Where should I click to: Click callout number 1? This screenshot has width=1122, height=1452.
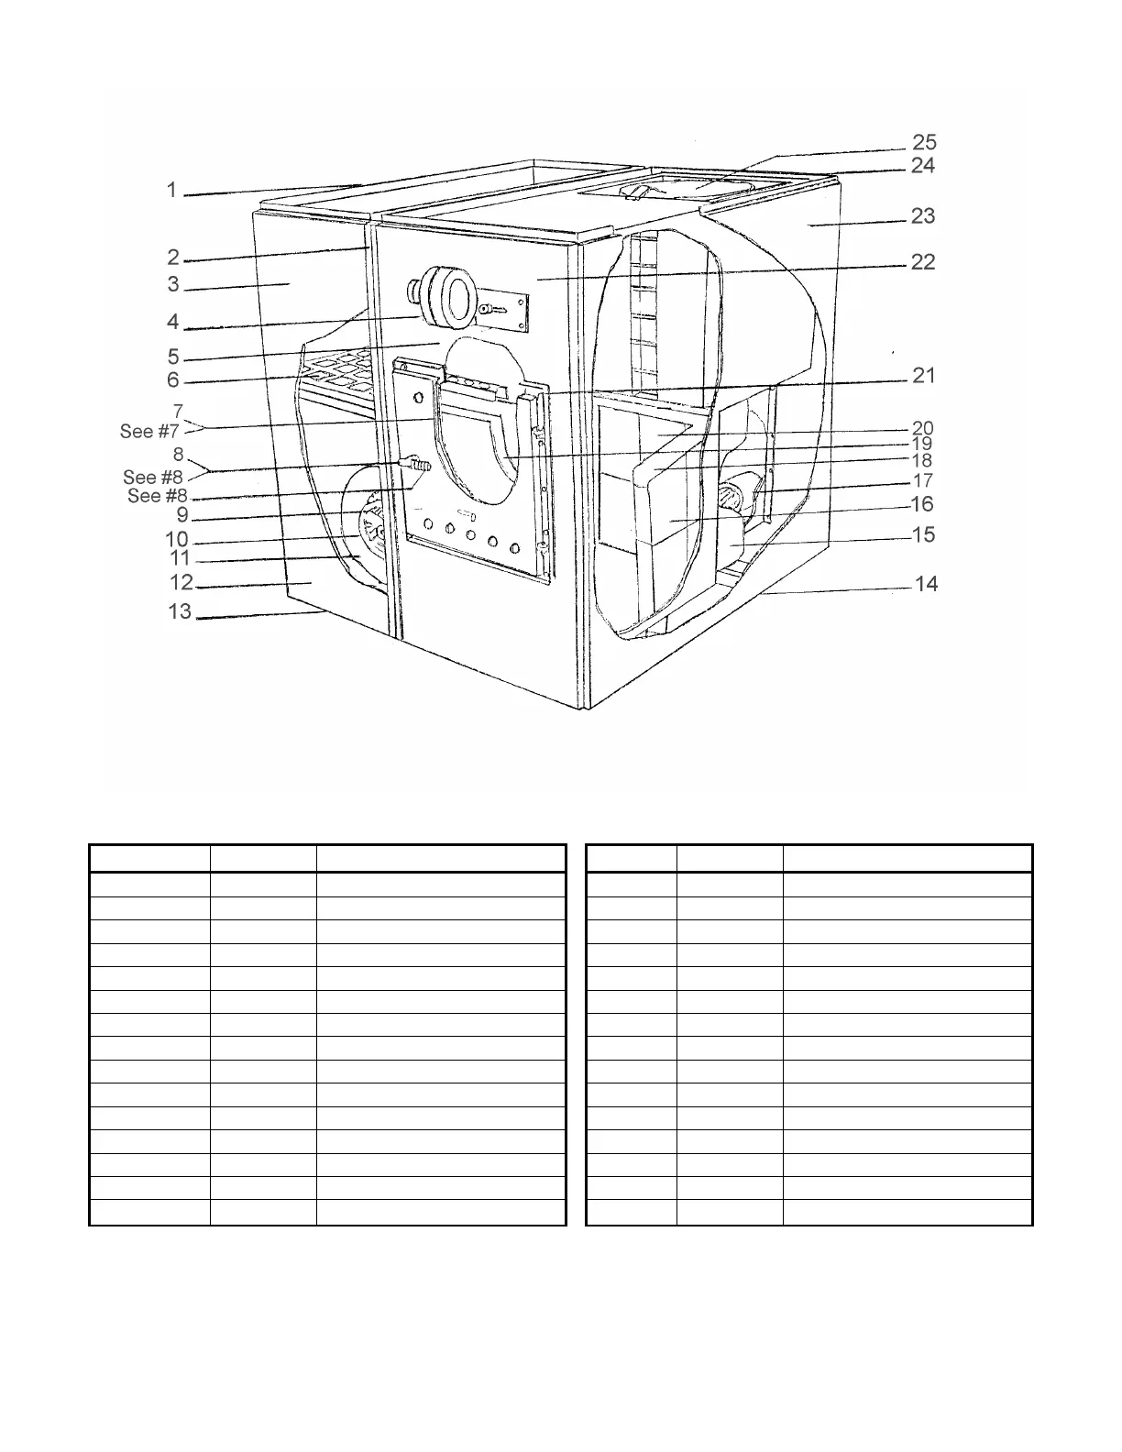point(171,190)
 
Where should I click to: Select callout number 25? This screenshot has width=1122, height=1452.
point(923,142)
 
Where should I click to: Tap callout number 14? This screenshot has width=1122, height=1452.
point(927,583)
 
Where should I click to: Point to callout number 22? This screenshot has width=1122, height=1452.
point(923,262)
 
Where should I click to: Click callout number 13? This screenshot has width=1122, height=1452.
point(180,611)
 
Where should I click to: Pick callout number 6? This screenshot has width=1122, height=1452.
point(173,379)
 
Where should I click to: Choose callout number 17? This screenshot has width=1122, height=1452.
point(923,480)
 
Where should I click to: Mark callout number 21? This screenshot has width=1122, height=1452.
point(923,375)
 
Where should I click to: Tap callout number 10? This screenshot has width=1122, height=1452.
point(176,539)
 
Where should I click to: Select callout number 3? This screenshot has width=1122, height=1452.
point(173,284)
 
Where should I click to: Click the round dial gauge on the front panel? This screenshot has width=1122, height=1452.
point(447,298)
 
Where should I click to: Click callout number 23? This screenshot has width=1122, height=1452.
point(923,215)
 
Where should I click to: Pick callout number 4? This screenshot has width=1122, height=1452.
point(173,322)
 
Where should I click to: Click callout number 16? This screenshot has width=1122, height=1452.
point(922,504)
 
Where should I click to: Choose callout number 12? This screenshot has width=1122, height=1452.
point(181,582)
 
